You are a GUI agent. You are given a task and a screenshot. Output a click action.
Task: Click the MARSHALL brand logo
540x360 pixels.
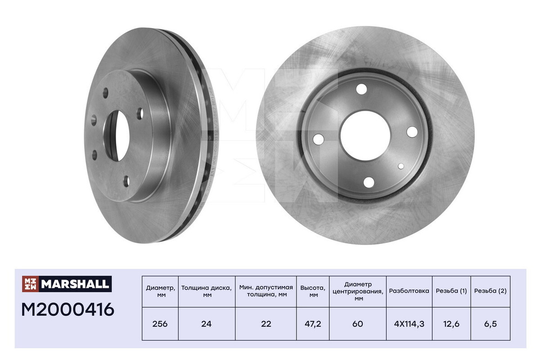(67, 284)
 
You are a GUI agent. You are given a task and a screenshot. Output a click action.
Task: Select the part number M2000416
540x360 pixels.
(67, 309)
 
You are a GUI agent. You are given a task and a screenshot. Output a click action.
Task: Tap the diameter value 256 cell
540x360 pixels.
(160, 324)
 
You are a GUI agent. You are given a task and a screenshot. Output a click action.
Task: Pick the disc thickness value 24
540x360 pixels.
(206, 324)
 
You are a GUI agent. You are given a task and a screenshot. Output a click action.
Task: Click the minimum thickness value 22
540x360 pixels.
(266, 324)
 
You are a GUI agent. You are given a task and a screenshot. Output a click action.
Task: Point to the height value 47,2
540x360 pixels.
(313, 324)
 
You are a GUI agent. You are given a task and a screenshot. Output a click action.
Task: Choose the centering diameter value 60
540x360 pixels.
(358, 324)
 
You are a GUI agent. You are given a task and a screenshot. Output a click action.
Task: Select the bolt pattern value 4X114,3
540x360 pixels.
(409, 324)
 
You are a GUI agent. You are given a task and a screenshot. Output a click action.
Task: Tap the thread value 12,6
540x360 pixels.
(451, 324)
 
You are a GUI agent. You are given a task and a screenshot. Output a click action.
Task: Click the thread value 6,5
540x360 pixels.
(490, 324)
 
